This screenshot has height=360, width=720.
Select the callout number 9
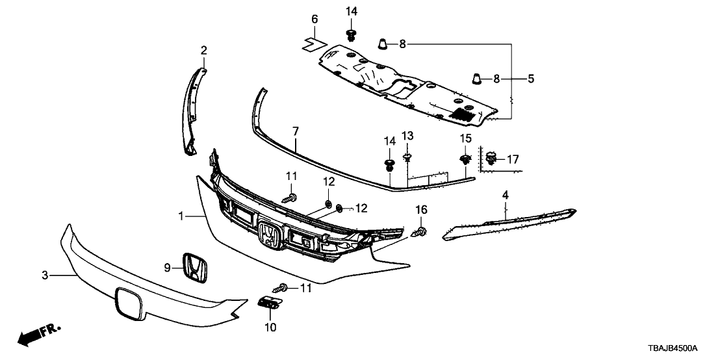pyautogui.click(x=167, y=266)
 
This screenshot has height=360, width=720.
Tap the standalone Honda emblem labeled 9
pyautogui.click(x=194, y=267)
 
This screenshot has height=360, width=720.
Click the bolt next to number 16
pyautogui.click(x=420, y=232)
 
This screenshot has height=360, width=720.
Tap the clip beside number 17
pyautogui.click(x=493, y=157)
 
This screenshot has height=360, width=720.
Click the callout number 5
pyautogui.click(x=531, y=79)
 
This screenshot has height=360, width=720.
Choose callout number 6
pyautogui.click(x=315, y=19)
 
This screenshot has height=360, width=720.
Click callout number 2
pyautogui.click(x=204, y=50)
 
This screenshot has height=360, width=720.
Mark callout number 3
pyautogui.click(x=45, y=276)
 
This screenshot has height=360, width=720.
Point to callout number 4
pyautogui.click(x=505, y=194)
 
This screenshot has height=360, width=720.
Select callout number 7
pyautogui.click(x=296, y=131)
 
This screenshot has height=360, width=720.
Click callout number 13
pyautogui.click(x=407, y=135)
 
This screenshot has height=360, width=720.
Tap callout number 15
pyautogui.click(x=465, y=138)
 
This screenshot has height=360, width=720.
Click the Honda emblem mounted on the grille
pyautogui.click(x=268, y=235)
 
